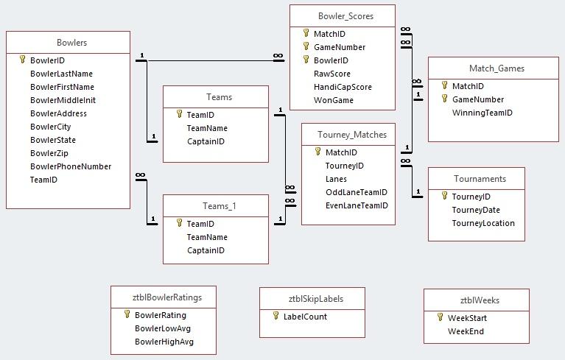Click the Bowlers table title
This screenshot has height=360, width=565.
pos(71,43)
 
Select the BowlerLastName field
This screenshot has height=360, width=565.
pos(61,74)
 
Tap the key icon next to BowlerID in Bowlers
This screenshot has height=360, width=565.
pos(22,60)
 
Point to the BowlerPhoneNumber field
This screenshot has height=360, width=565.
pos(71,166)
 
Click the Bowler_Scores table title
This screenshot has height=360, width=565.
pos(345,15)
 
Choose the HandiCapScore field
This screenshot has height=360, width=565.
pos(343,87)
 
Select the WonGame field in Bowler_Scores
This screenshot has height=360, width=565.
pos(334,100)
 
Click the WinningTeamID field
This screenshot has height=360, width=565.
pos(482,113)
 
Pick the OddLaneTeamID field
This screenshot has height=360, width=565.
pos(356,192)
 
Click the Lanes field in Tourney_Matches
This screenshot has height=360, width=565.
pos(336,179)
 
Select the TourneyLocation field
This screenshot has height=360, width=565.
pos(483,223)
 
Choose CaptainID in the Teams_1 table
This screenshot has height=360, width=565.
pos(206,250)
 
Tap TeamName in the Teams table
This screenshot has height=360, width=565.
pos(207,128)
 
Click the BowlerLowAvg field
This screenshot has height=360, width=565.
pos(162,328)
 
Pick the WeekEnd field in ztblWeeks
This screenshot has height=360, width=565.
pos(466,331)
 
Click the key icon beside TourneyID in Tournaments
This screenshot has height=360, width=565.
pos(444,197)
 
